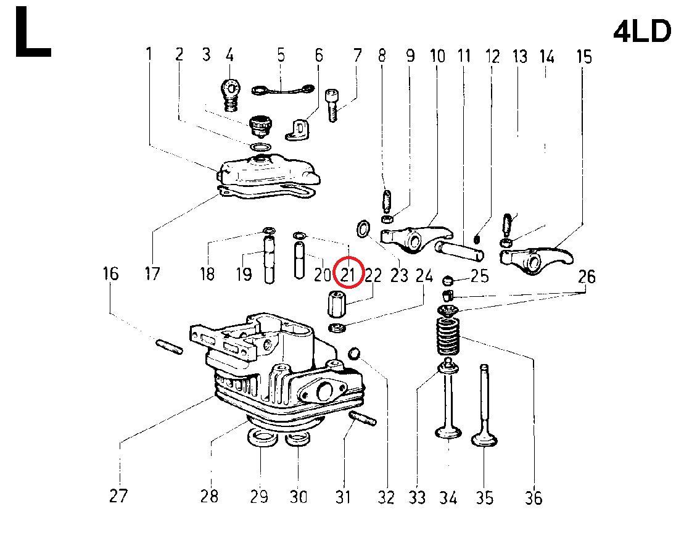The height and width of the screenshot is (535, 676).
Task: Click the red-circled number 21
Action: coord(348,274)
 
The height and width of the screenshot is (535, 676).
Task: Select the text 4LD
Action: coord(641,31)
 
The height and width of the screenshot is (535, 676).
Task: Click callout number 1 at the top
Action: coord(149,54)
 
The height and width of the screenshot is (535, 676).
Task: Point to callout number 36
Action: coord(534,497)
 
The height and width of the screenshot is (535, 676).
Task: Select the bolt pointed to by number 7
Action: coord(332,105)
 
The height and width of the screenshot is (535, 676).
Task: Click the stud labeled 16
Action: coord(170,347)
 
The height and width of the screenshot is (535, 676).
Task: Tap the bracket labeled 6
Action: coord(298,128)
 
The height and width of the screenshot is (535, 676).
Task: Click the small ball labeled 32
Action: coord(354,353)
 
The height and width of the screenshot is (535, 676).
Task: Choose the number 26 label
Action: coord(587,276)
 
